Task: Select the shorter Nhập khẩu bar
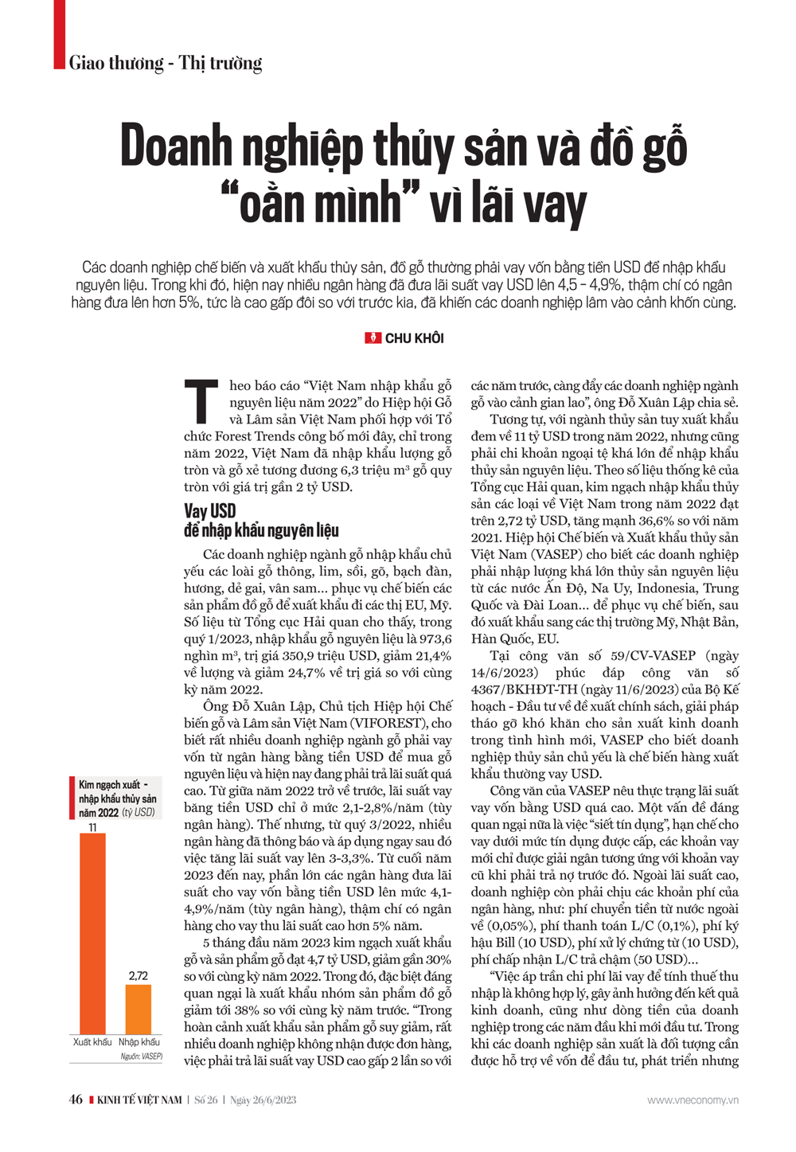coord(139,1009)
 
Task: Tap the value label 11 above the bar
coord(92,828)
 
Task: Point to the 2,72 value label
coord(139,976)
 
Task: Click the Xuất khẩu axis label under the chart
coord(92,1042)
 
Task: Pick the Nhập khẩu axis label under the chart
coord(139,1042)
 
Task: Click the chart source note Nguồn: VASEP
coord(142,1056)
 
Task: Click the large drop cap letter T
coord(202,403)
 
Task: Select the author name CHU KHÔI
coord(414,338)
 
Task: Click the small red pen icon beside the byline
coord(373,338)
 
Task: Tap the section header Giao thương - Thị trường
coord(166,63)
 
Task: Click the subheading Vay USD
coord(210,511)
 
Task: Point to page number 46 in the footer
coord(76,1099)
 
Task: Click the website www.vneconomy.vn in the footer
coord(692,1100)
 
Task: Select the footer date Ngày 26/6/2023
coord(263,1100)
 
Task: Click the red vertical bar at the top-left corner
coord(59,34)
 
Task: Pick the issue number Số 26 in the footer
coord(206,1100)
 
